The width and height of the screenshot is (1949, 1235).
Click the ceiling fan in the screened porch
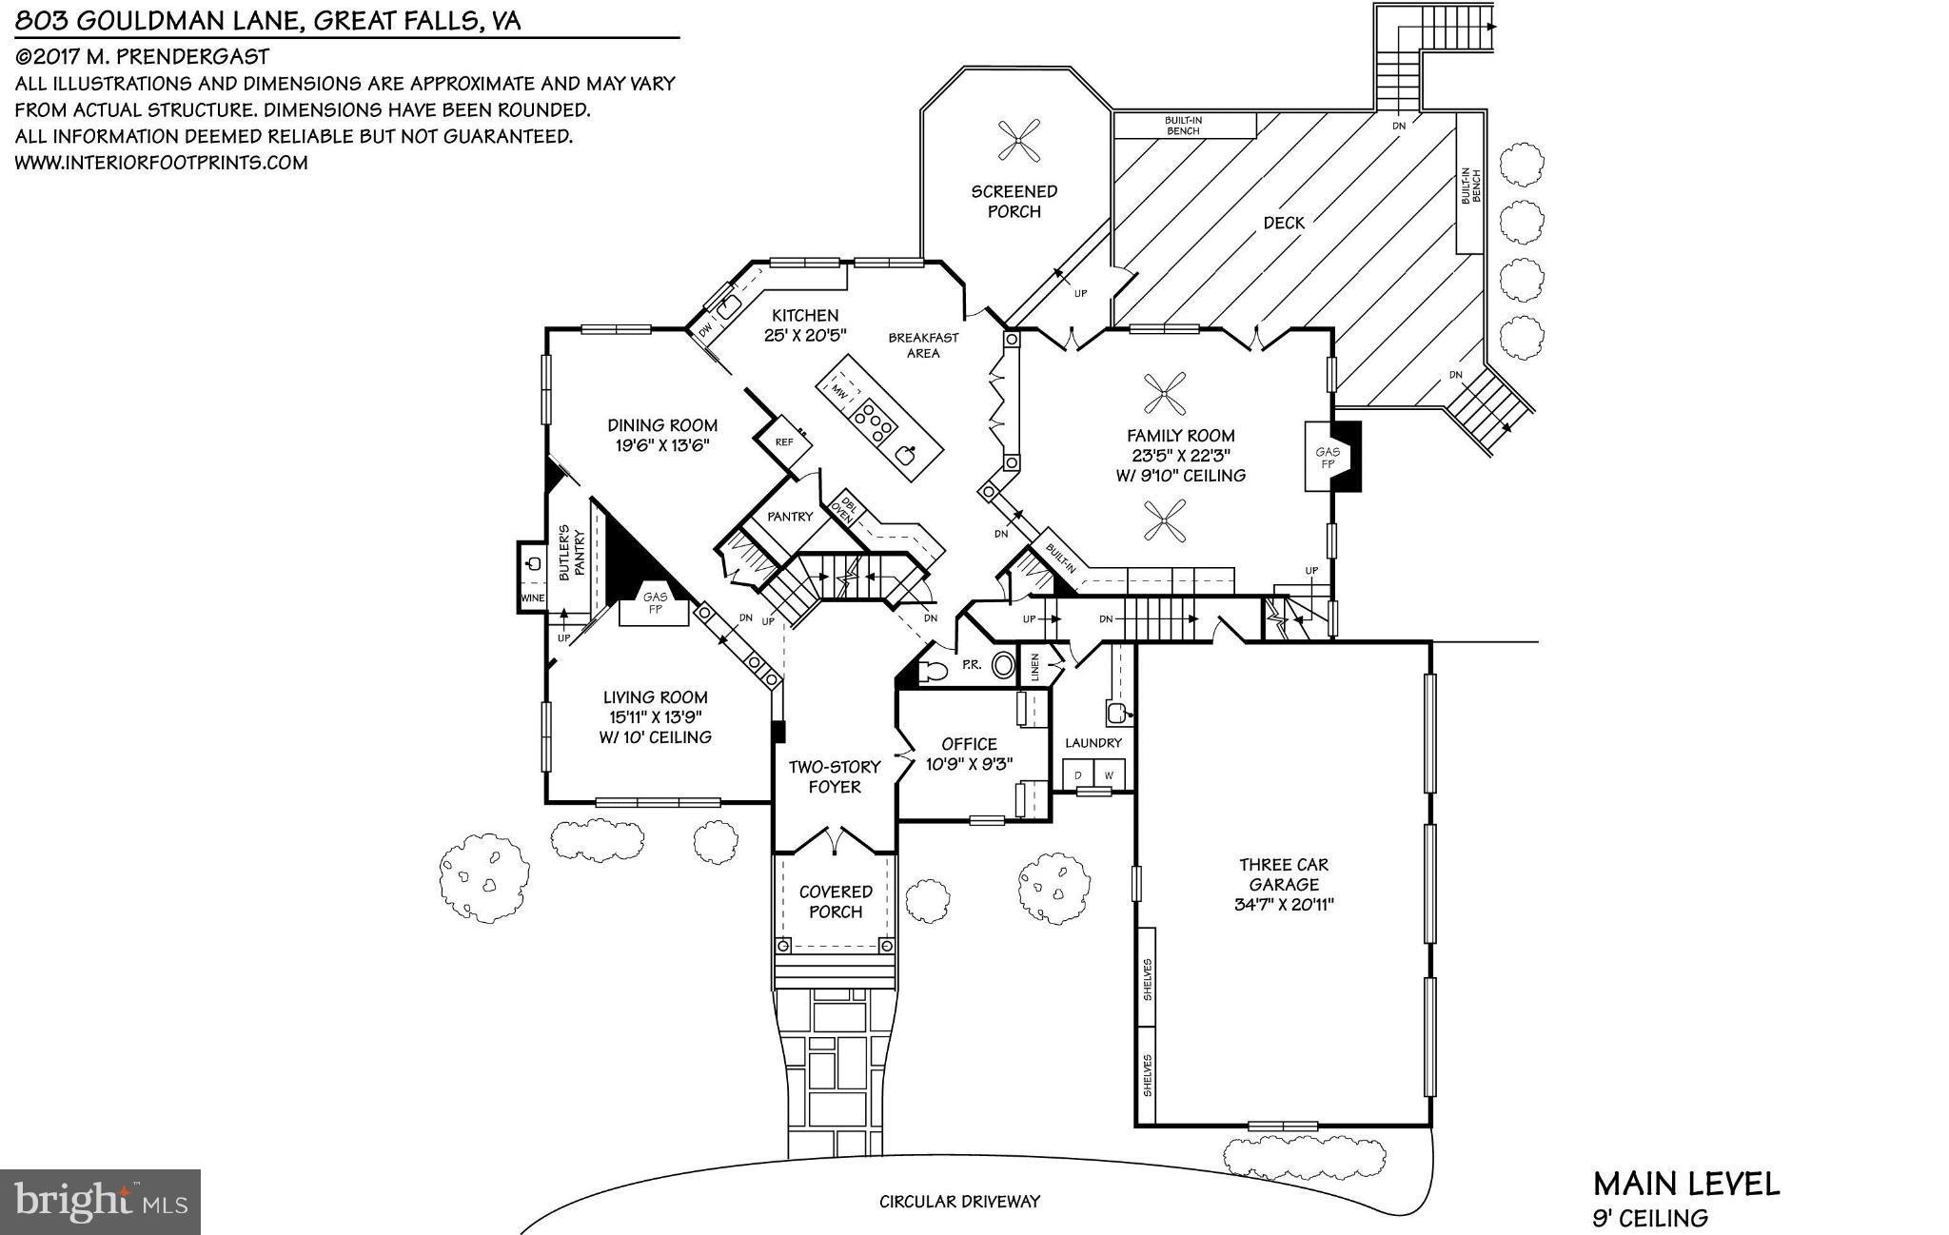1016,142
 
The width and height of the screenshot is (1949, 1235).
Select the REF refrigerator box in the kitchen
784,442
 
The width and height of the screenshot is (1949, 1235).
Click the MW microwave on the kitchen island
838,390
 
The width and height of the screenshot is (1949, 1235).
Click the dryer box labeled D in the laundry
1078,775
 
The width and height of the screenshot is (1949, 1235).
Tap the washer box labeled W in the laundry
1108,775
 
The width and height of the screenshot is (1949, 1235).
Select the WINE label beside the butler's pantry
532,598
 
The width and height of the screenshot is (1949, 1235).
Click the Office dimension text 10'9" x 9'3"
969,764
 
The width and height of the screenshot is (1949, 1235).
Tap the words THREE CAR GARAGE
1283,874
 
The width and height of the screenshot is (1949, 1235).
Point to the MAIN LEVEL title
1685,1184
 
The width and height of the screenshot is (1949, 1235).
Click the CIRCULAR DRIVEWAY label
959,1202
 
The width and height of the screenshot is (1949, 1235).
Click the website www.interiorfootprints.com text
161,163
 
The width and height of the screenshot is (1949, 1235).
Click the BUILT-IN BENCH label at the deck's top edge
1183,126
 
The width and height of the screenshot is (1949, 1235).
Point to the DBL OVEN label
844,508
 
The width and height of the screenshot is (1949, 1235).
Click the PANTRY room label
790,517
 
